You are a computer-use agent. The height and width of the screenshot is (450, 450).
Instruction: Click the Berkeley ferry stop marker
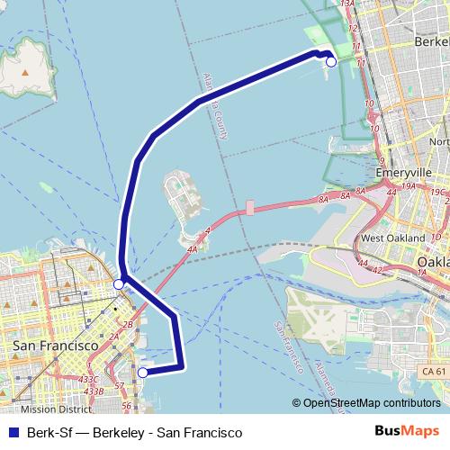(331, 61)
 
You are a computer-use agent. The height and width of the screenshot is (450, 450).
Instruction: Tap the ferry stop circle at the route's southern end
(142, 371)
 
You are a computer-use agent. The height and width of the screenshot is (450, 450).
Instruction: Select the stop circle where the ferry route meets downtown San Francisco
(120, 284)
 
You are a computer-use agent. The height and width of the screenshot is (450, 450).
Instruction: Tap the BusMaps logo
(406, 432)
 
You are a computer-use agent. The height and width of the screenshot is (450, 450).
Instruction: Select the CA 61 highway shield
(433, 371)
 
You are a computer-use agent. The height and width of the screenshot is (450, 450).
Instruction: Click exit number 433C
(88, 380)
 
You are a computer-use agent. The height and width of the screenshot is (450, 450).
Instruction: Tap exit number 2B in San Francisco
(128, 324)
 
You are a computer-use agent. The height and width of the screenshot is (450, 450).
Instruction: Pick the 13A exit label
(348, 4)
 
